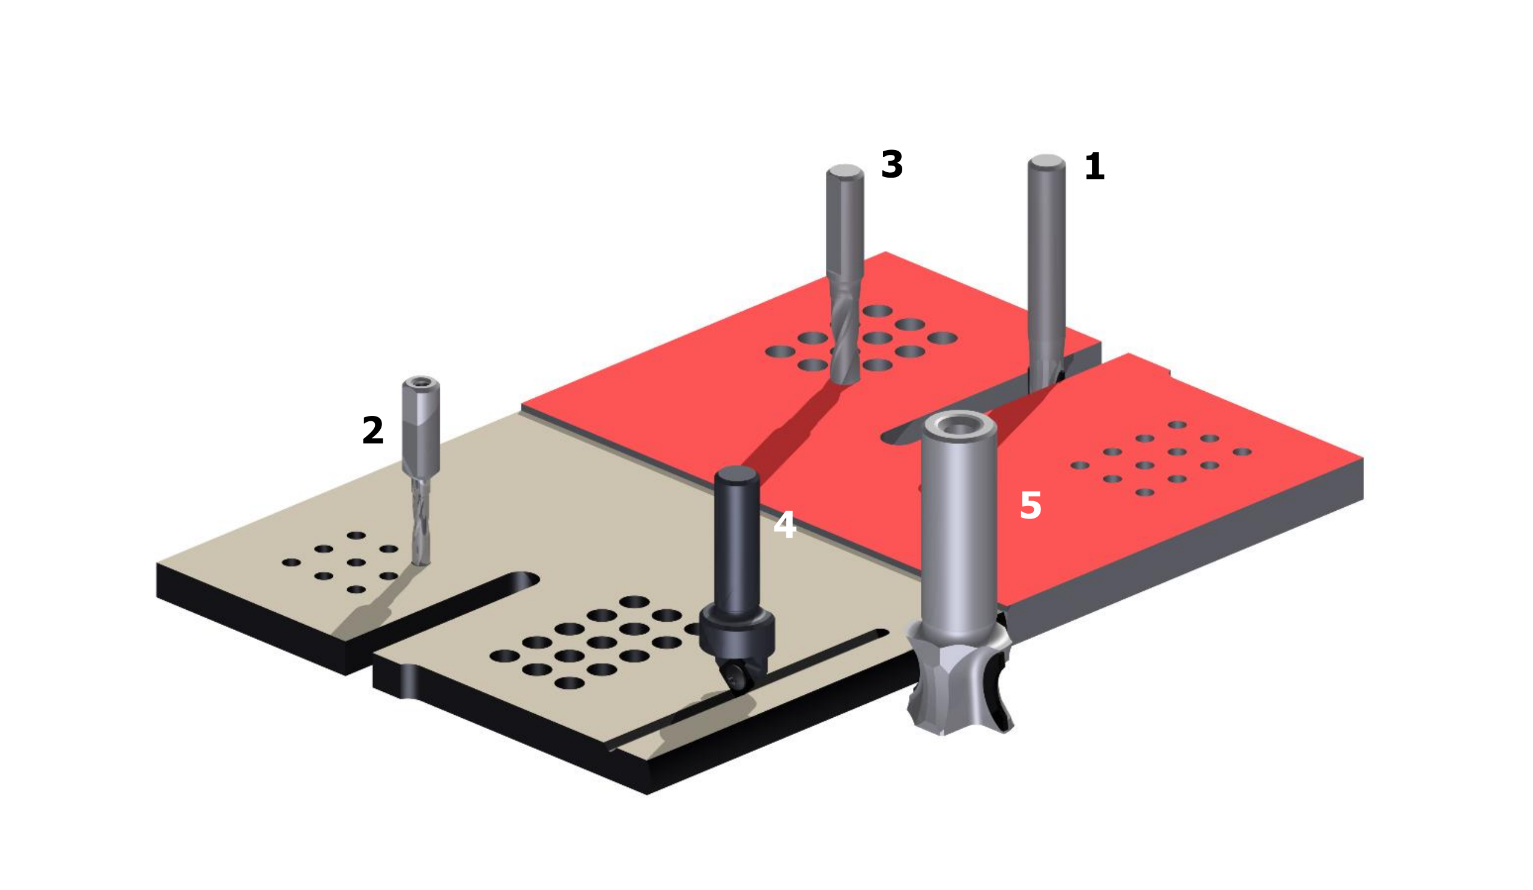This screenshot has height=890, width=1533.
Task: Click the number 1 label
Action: click(x=1094, y=166)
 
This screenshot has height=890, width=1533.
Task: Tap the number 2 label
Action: click(x=373, y=430)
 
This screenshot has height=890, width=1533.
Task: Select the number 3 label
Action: click(x=892, y=164)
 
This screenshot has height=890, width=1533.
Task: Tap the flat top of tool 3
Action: click(x=845, y=171)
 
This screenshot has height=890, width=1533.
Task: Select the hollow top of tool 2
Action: click(x=421, y=382)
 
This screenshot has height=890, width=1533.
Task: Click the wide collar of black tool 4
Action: click(x=736, y=636)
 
